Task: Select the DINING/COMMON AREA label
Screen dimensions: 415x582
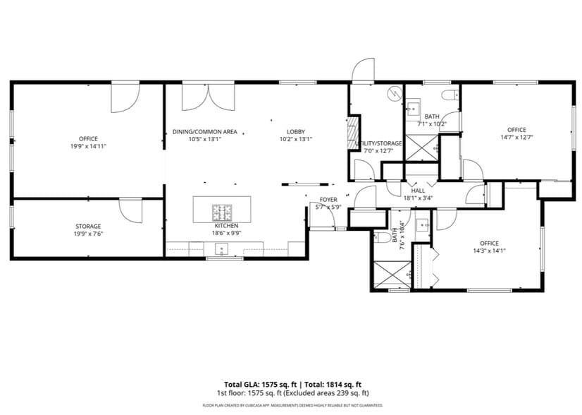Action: coord(204,132)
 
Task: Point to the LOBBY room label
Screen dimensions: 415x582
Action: coord(295,132)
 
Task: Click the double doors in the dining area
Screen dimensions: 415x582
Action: coord(195,97)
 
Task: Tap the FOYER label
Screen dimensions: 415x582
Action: coord(328,200)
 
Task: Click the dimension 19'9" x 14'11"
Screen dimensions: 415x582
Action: coord(88,146)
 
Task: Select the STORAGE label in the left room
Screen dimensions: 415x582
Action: coord(88,227)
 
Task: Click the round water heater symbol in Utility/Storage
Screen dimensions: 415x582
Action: coord(393,93)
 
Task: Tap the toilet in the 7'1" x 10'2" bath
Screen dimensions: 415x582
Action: coord(447,96)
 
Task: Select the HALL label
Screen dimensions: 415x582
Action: coord(417,191)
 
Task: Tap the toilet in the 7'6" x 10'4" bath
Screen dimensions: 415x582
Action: coord(381,236)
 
